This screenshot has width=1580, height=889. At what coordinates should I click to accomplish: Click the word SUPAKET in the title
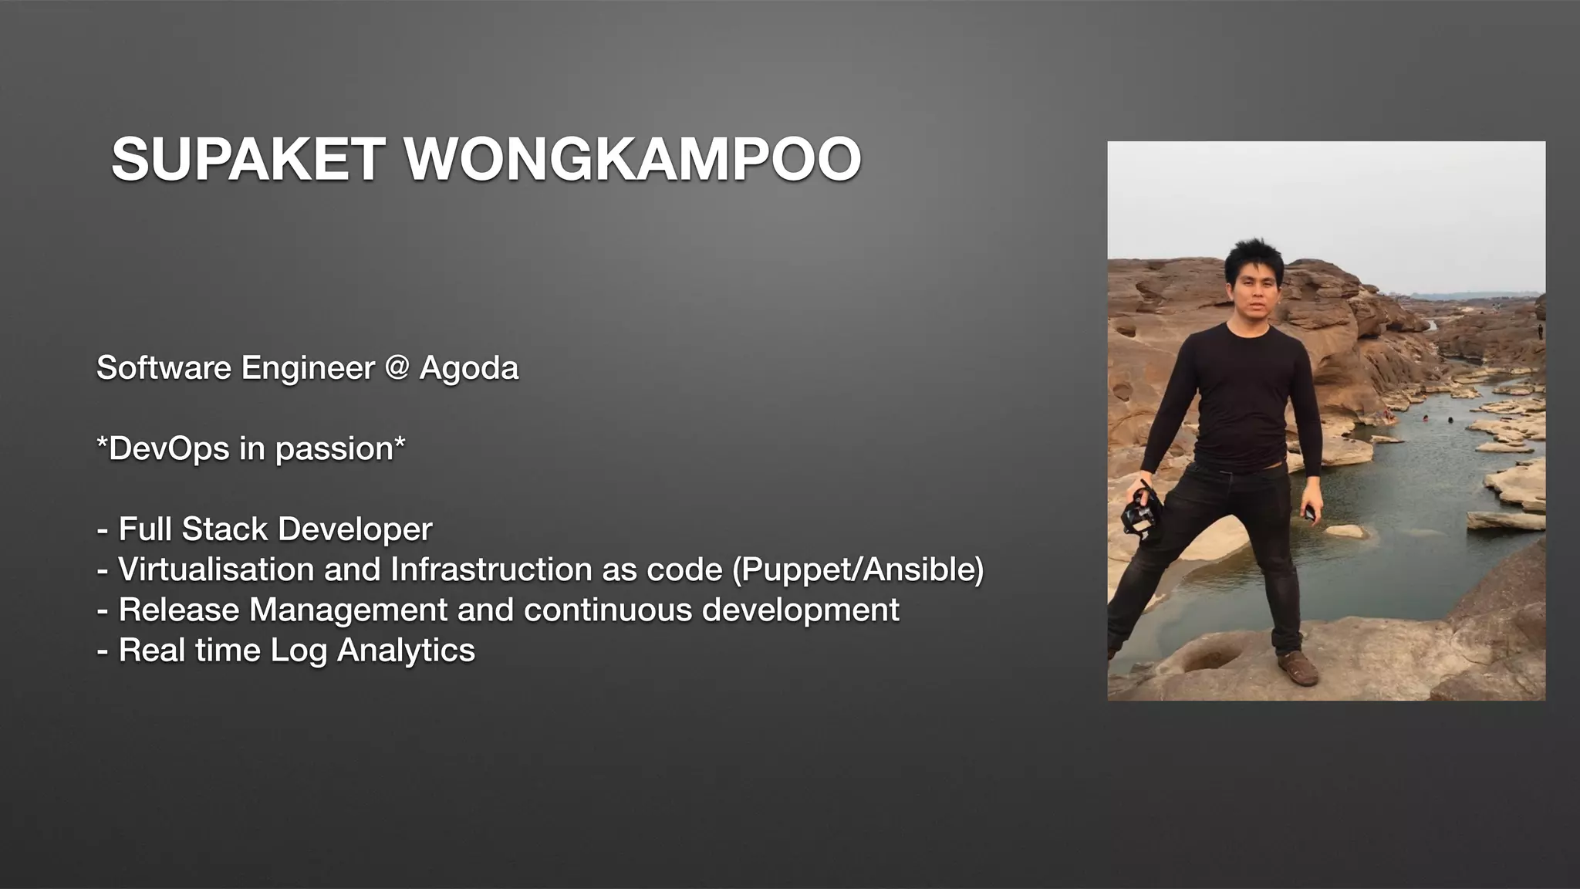248,159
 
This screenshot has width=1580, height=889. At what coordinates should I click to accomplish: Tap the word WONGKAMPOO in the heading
633,159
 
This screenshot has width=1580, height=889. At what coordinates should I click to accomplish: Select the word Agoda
469,368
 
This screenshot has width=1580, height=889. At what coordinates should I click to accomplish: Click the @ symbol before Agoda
397,368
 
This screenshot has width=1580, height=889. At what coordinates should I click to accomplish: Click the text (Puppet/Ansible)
857,570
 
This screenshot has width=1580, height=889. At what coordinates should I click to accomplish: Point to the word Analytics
406,651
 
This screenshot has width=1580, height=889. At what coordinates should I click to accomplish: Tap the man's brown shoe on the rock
1299,668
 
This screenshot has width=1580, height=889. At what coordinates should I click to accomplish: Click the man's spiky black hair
1252,258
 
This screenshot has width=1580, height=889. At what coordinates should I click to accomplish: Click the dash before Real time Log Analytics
103,651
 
